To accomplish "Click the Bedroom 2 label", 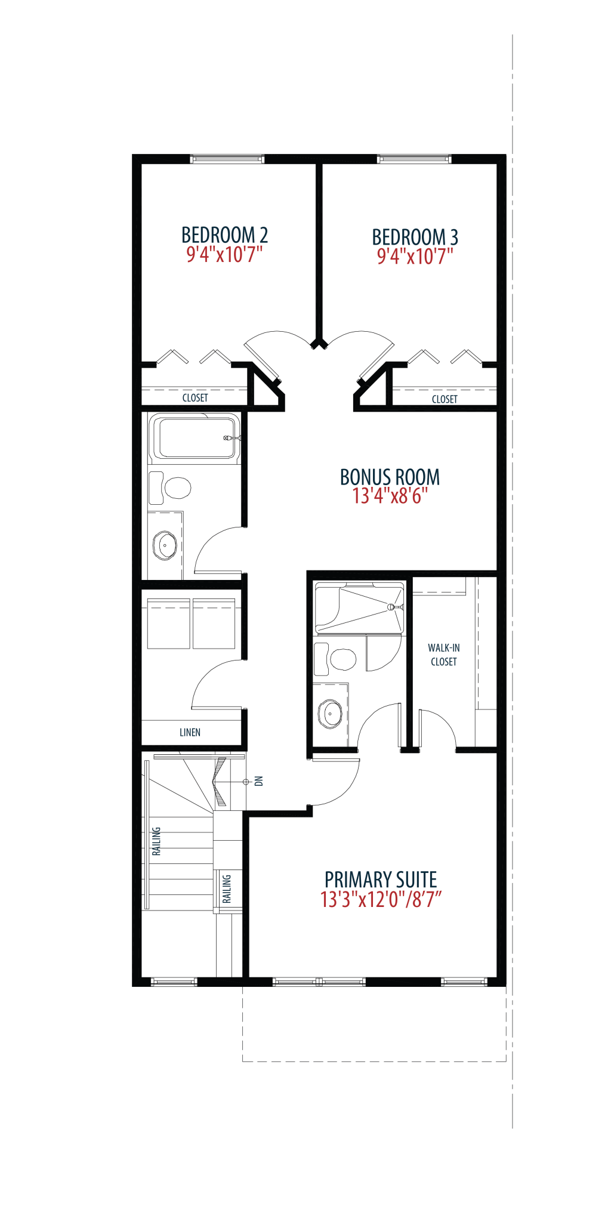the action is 224,234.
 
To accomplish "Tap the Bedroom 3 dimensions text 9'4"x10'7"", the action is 415,257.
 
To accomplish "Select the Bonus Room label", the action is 390,477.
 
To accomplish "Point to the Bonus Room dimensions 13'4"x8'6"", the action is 390,496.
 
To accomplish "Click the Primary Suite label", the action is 381,880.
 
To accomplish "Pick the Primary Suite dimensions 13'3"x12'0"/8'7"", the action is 381,899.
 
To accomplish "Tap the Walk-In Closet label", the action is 444,655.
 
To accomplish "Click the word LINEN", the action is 190,732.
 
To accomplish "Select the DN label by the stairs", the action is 259,781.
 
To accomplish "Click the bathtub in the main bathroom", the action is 195,438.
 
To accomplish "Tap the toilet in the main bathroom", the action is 170,487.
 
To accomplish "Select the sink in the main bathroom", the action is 165,545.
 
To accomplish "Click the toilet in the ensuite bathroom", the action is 335,659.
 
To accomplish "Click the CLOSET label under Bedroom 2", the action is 195,398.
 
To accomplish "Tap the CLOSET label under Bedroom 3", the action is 445,399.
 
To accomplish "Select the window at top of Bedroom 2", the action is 227,159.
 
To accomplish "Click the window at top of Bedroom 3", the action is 414,159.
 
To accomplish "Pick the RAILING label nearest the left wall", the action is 156,841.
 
